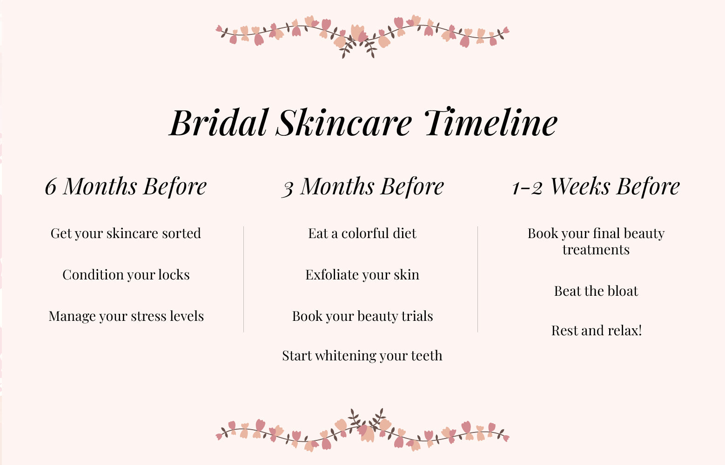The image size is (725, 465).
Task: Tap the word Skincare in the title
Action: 344,123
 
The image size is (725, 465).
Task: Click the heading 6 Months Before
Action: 126,186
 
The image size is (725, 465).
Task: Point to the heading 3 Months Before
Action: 362,186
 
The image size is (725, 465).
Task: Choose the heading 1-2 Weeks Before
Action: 596,186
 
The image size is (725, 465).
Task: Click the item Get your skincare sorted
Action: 126,233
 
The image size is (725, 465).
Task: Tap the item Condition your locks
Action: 126,275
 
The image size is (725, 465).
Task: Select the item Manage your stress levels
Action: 126,316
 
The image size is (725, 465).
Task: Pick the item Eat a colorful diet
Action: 362,233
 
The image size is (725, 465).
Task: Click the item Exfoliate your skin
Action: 362,275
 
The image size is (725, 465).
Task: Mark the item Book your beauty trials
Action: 362,316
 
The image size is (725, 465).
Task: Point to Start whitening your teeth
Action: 362,356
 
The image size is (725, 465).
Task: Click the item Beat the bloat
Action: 596,291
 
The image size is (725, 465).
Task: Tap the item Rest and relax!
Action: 596,331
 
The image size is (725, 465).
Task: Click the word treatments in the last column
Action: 596,250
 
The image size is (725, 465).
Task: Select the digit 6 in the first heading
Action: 51,187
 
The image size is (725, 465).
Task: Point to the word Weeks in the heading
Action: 580,186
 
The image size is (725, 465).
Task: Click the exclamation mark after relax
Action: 640,330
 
